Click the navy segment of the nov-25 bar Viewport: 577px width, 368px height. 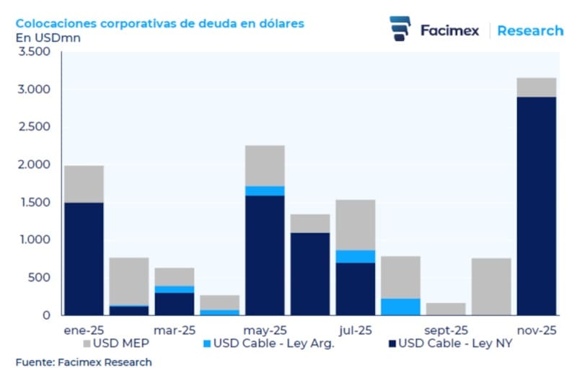click(x=535, y=206)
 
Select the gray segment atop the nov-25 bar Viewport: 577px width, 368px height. click(x=535, y=87)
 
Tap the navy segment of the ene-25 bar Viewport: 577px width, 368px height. click(x=84, y=258)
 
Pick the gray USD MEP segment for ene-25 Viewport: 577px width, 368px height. click(x=84, y=184)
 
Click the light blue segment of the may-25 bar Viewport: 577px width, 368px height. click(x=265, y=190)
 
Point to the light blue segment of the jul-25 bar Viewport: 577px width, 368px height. click(x=355, y=256)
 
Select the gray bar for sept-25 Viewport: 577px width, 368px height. click(x=445, y=309)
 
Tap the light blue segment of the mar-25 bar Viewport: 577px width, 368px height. click(x=174, y=289)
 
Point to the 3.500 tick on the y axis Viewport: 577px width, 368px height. click(x=35, y=52)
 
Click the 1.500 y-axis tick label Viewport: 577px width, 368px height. click(x=35, y=202)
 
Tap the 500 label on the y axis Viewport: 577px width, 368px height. click(x=40, y=278)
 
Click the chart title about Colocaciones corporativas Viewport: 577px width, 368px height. click(x=159, y=23)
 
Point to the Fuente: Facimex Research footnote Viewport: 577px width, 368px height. click(x=84, y=362)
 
